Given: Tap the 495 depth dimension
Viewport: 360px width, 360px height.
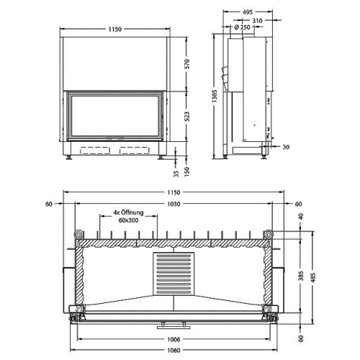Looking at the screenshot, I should click(247, 12).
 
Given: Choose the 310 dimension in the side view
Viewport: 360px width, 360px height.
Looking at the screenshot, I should click(257, 21).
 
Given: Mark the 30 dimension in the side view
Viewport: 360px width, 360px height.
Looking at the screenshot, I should click(287, 148).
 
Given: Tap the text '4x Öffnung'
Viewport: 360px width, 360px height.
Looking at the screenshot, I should click(127, 213).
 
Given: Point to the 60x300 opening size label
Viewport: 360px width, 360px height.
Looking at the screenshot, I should click(127, 221).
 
